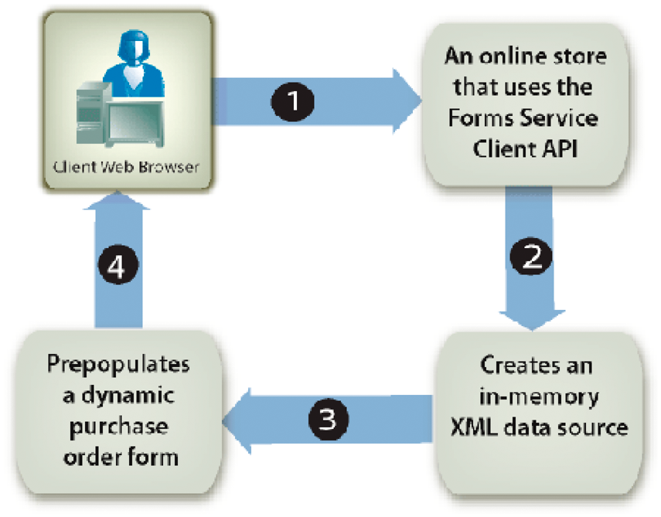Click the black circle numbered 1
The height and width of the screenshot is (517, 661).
[293, 101]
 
